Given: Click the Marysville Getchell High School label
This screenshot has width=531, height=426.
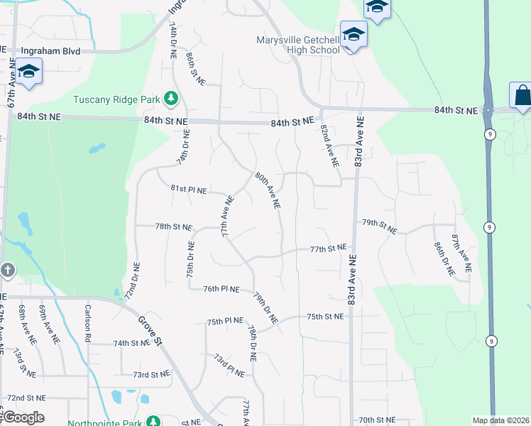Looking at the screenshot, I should tap(298, 45).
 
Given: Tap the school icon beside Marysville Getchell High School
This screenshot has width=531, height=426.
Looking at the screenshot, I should tap(353, 34).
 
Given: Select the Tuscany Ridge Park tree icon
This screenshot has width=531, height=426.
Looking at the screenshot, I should tap(170, 97).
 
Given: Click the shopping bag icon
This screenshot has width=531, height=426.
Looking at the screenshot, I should tap(522, 95).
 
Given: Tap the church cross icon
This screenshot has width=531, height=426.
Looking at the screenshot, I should tap(7, 271).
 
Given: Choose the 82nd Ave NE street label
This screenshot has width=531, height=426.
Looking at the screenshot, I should tap(329, 146).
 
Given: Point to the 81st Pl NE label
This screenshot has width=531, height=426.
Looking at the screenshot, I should tap(189, 190).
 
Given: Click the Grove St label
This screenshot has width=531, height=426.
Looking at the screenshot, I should tap(150, 332).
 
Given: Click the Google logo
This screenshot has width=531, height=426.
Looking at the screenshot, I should tap(23, 417).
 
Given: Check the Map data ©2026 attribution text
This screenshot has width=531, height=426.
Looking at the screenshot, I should tap(500, 420).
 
